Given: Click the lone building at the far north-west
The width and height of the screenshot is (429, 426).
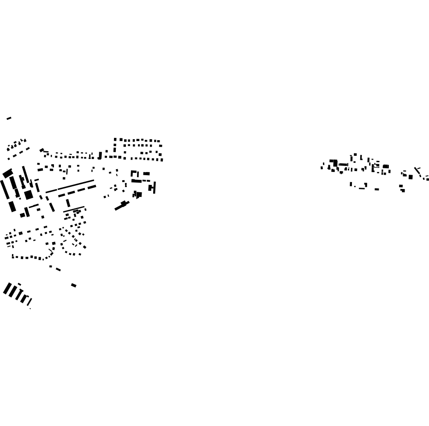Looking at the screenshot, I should point(9,118).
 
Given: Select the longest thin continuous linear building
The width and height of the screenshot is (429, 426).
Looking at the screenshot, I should point(70,186).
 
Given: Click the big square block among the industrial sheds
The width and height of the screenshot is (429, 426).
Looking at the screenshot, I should point(29,195).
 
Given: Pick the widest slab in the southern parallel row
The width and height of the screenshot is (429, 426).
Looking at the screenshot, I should point(7,289).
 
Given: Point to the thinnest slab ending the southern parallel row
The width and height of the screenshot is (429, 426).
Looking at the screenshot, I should point(29,302).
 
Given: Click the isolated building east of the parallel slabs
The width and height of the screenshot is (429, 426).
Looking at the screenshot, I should point(74,285).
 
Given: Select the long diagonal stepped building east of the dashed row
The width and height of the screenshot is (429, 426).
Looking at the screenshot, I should point(122,206).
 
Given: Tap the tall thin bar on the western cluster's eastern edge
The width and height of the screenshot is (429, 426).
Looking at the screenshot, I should point(155,188).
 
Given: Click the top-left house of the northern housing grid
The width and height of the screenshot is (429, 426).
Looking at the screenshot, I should point(115,139).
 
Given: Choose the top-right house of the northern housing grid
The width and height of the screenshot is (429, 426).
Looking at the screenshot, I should point(159,141).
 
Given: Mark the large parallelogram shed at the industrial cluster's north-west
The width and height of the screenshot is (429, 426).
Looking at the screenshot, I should point(8,173).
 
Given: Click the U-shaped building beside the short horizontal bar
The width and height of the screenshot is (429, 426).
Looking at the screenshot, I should point(135,174).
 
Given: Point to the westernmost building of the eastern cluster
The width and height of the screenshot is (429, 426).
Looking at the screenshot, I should point(322,167).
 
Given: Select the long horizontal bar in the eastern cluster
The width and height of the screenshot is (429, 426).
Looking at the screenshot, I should point(343,165).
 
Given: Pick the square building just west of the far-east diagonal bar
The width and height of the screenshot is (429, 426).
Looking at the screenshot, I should point(410,177).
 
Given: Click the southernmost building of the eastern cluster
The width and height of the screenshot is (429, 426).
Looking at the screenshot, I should point(403,190).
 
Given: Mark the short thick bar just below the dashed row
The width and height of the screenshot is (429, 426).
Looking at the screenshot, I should point(68,203).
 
